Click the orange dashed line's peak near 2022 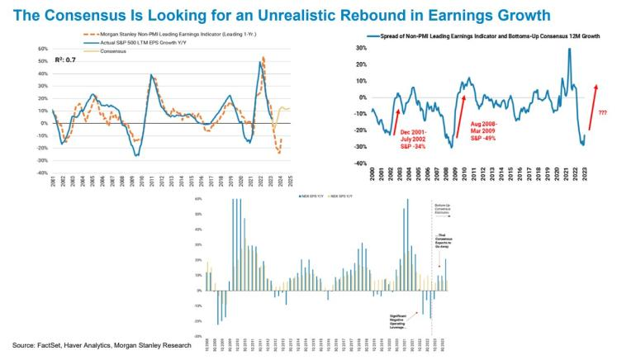pyautogui.click(x=263, y=59)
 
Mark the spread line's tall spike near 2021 pyautogui.click(x=569, y=50)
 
